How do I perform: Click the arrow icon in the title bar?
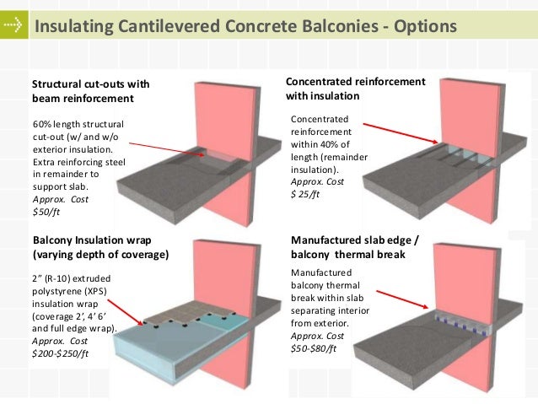click(13, 26)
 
